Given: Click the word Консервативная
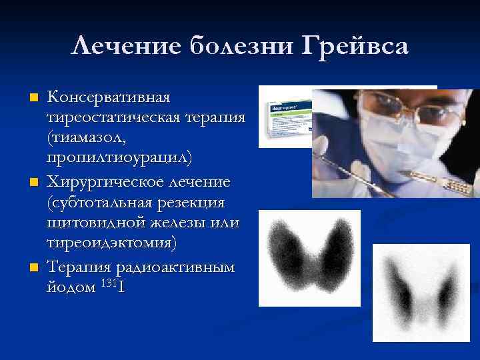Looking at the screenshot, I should [x=109, y=98].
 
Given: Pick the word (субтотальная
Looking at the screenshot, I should [x=98, y=201].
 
